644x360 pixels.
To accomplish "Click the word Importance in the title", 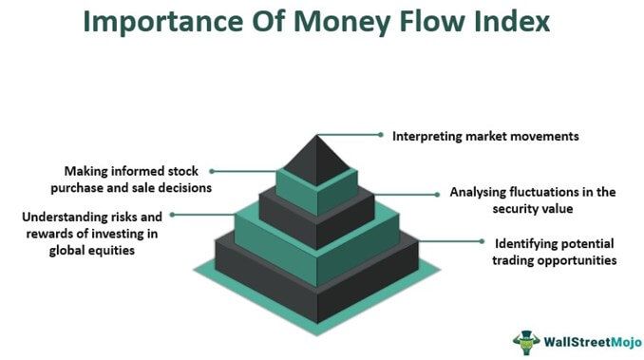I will (153, 22).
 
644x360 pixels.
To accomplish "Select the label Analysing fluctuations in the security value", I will (533, 199).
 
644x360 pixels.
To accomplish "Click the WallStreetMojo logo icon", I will (525, 339).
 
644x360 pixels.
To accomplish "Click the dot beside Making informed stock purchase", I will (212, 171).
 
